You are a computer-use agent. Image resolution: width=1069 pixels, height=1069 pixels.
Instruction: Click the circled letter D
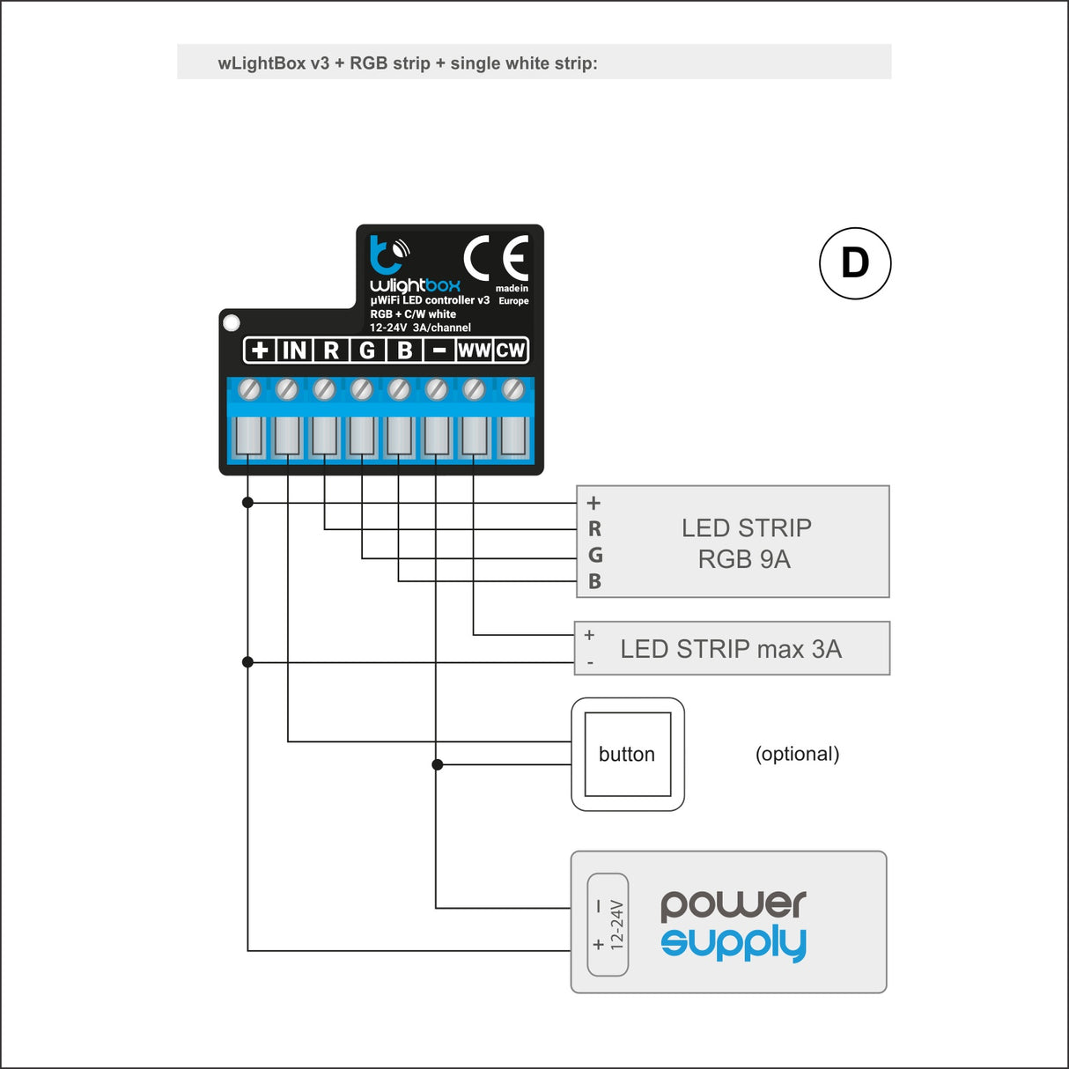coord(855,263)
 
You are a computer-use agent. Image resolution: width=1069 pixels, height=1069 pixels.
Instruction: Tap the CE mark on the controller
coord(497,258)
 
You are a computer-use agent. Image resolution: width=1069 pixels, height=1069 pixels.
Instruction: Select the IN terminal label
coord(294,350)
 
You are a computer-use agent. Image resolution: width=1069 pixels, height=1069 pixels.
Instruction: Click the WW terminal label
coord(474,350)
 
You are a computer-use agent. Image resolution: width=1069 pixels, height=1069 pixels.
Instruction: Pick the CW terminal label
coord(511,350)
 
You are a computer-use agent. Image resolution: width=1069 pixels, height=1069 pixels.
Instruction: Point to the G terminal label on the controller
coord(367,350)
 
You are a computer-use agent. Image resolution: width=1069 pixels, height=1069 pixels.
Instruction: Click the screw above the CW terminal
coord(512,388)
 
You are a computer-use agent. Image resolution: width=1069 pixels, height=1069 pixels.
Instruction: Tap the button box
coord(628,755)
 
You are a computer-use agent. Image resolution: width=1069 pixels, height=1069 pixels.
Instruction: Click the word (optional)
coord(797,754)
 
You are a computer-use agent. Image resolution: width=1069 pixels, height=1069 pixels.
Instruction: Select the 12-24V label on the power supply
coord(616,924)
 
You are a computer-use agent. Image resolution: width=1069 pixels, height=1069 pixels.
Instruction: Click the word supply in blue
coord(734,943)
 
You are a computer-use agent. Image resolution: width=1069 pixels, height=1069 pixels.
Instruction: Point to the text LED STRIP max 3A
coord(731,649)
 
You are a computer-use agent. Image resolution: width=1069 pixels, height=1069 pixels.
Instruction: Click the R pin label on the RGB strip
coord(595,529)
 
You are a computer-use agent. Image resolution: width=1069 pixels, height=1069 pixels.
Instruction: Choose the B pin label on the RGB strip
coord(595,581)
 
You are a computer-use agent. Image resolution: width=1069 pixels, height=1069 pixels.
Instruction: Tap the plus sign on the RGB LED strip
coord(593,503)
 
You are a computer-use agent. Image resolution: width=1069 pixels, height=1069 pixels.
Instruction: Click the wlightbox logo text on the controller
coord(415,285)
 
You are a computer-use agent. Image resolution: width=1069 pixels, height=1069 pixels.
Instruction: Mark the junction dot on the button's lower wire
coord(438,764)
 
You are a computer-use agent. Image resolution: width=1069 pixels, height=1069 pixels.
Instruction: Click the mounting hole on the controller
coord(232,323)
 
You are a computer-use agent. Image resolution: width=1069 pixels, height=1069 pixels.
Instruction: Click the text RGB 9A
coord(744,559)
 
